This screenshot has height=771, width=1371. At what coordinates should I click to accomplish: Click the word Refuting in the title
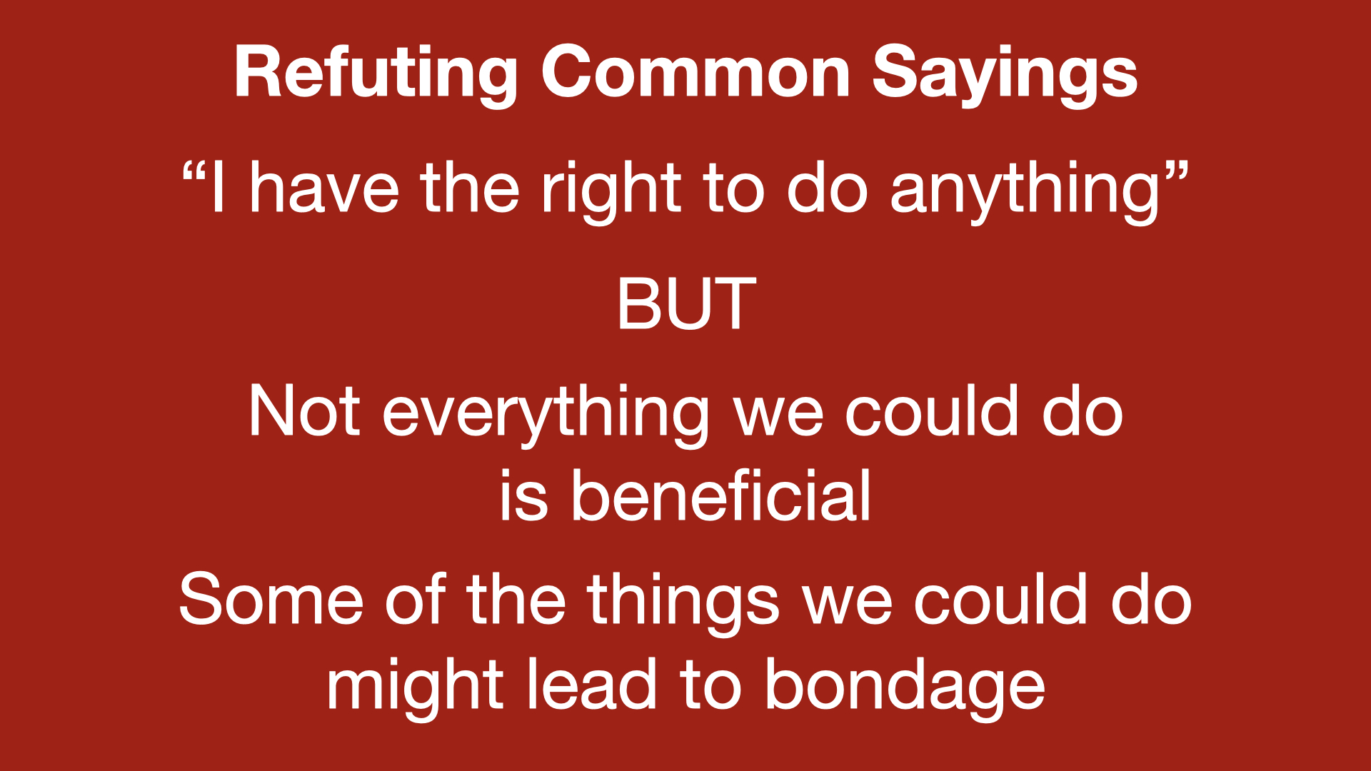click(x=376, y=74)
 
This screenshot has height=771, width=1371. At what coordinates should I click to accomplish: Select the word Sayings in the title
click(x=1005, y=75)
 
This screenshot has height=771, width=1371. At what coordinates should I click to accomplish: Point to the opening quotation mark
click(x=194, y=173)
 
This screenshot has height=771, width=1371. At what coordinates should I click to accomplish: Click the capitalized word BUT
click(x=686, y=304)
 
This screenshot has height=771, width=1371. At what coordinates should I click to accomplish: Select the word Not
click(x=304, y=411)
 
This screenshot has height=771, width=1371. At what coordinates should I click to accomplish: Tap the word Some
click(x=271, y=600)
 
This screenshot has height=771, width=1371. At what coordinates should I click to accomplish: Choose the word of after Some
click(x=416, y=598)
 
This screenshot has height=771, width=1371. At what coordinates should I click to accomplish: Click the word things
click(x=683, y=604)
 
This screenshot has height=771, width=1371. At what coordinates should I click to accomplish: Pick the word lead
click(x=591, y=684)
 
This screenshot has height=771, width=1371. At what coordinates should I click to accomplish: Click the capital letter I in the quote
click(x=219, y=188)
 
